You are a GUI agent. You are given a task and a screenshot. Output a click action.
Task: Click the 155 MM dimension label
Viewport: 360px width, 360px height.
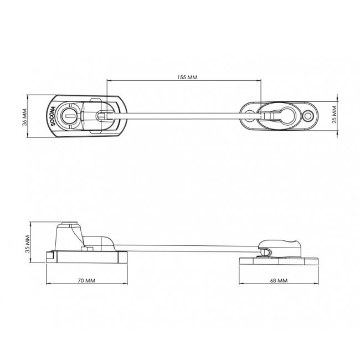click(187, 77)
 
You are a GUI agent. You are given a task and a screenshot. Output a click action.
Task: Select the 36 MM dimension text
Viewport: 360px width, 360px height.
click(25, 117)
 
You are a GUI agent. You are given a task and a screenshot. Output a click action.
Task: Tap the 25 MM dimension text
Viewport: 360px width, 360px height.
click(334, 115)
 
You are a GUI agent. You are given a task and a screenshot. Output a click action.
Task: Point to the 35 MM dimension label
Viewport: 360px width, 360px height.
click(28, 244)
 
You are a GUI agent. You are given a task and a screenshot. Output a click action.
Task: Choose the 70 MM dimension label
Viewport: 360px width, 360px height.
click(86, 281)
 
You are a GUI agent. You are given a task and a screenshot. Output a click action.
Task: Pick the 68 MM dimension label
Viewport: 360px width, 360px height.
click(279, 281)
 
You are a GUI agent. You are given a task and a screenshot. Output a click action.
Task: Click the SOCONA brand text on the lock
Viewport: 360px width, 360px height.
click(53, 116)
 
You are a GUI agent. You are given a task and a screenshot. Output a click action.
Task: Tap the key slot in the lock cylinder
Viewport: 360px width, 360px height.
click(69, 116)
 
